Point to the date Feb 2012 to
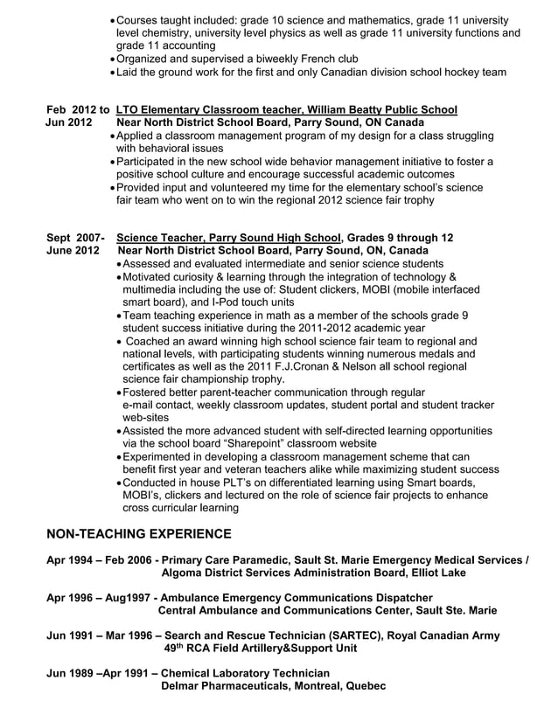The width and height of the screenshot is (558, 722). pyautogui.click(x=78, y=109)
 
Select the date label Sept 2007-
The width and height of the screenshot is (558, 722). pyautogui.click(x=75, y=238)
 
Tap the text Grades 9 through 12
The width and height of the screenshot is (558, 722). pyautogui.click(x=400, y=238)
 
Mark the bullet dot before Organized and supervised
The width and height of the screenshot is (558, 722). pyautogui.click(x=113, y=59)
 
